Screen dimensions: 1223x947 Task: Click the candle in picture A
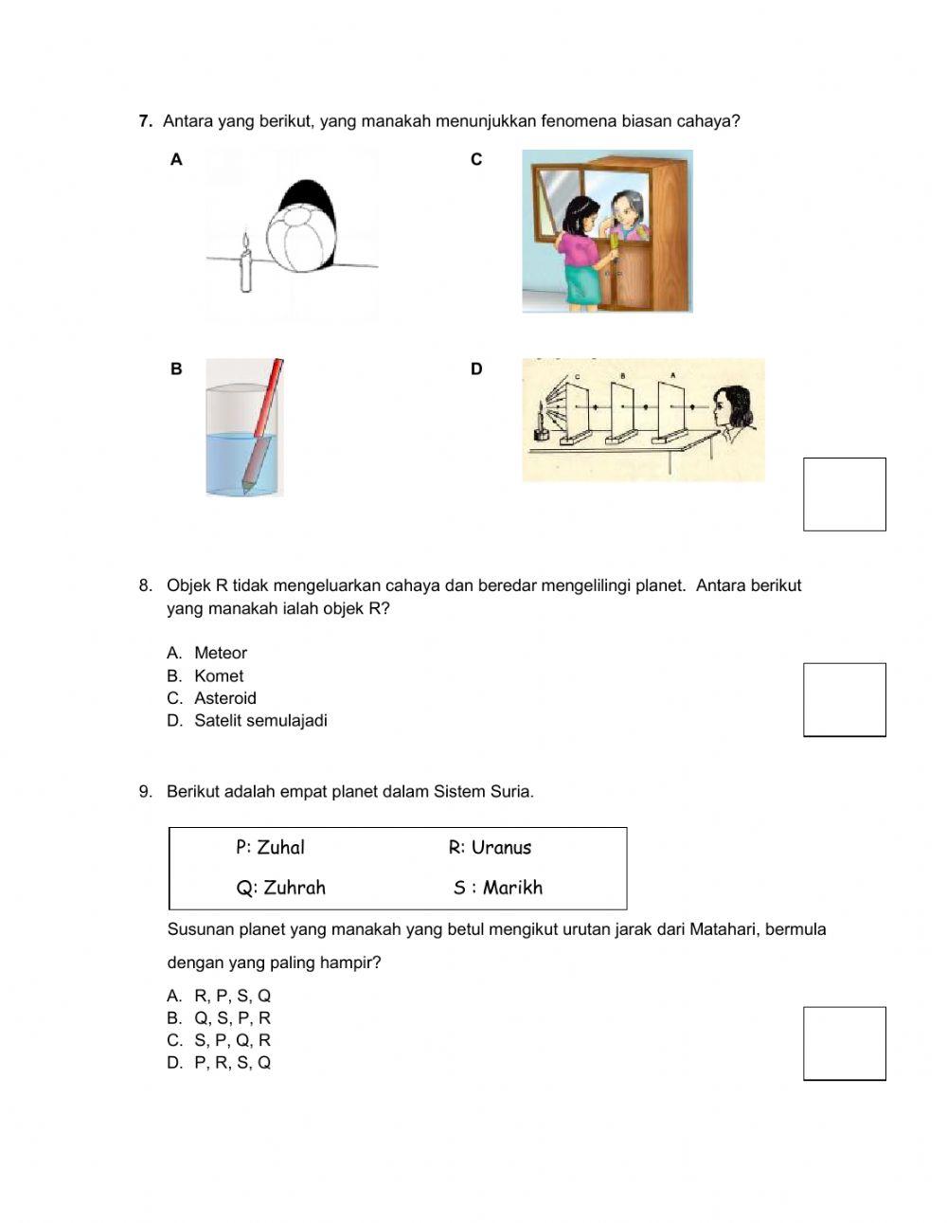246,266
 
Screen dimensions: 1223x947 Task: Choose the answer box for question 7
844,495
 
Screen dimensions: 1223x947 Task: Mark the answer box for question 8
844,700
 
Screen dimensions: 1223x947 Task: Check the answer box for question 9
844,1043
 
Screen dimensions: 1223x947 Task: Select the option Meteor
220,653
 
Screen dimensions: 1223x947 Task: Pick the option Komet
219,675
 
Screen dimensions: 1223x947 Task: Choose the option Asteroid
225,698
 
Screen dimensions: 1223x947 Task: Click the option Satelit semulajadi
260,720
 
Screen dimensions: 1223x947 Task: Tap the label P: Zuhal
270,847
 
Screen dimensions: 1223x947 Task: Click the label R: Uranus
490,848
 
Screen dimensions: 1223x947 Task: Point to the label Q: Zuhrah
280,888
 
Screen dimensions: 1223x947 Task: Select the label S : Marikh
497,888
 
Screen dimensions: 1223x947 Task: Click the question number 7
145,121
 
